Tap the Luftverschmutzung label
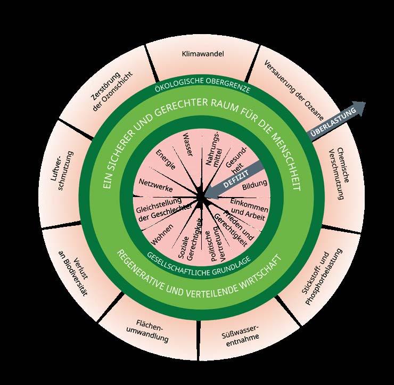pyautogui.click(x=62, y=174)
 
